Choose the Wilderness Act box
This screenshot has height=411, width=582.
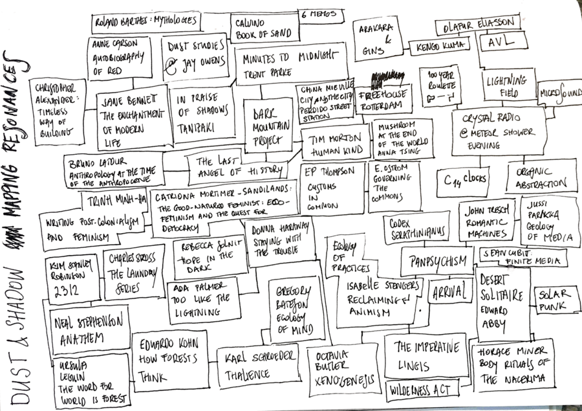[x=423, y=390]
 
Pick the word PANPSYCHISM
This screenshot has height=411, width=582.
[x=438, y=261]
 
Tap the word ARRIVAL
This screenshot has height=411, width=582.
[x=450, y=292]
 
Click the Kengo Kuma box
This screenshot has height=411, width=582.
[x=442, y=47]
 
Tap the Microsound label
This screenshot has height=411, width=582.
[x=559, y=91]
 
